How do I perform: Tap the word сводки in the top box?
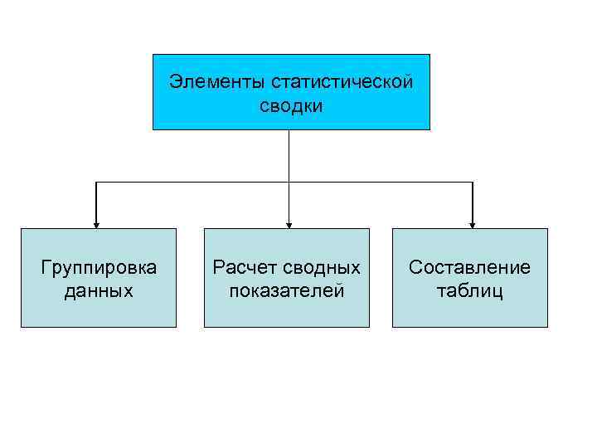coord(290,106)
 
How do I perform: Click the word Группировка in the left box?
coord(99,267)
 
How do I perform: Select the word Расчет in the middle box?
coord(240,267)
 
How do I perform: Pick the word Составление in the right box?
coord(469,267)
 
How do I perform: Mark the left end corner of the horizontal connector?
coord(97,182)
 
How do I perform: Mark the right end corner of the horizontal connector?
coord(473,182)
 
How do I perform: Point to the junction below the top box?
coord(289,182)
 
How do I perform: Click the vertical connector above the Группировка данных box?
coord(97,202)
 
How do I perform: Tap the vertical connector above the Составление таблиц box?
coord(473,202)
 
